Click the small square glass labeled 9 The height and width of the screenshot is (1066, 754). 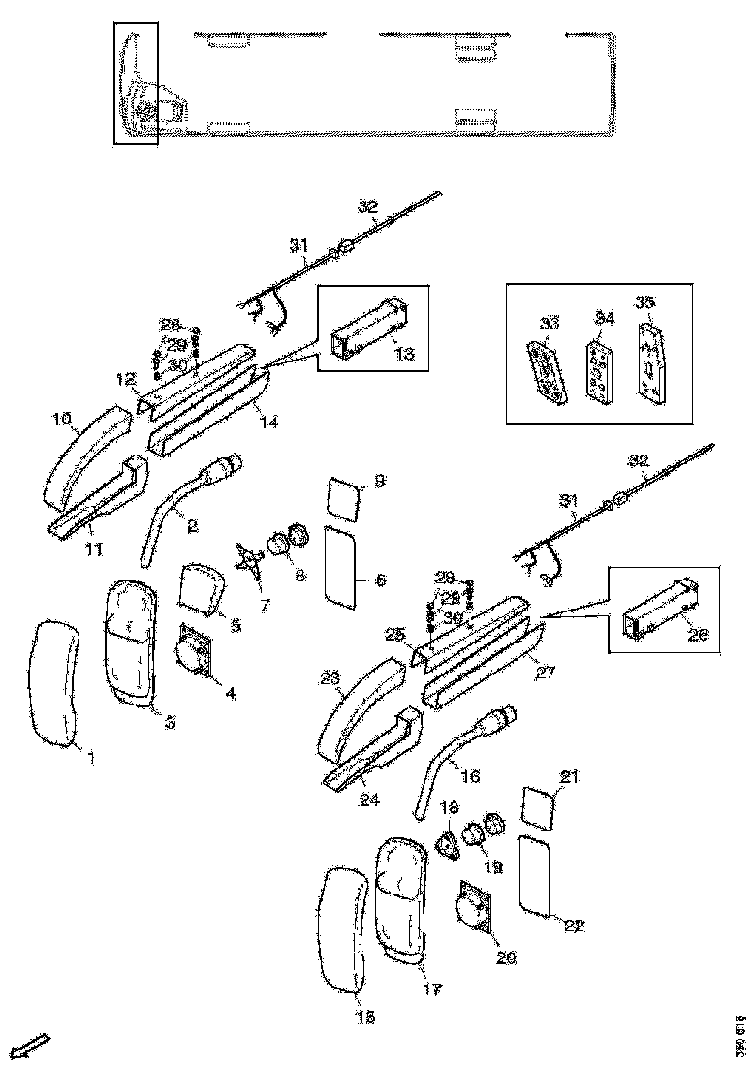pyautogui.click(x=342, y=498)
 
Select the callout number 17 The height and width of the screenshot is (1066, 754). pyautogui.click(x=432, y=989)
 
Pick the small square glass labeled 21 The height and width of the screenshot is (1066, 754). pyautogui.click(x=541, y=806)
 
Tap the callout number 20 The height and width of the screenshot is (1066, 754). pyautogui.click(x=506, y=958)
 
